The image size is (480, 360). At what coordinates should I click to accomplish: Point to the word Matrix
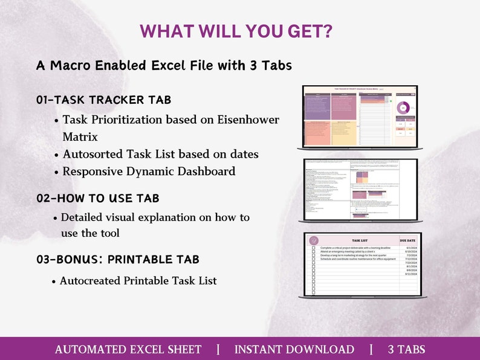click(80, 137)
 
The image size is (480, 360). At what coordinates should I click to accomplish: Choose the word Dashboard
click(204, 172)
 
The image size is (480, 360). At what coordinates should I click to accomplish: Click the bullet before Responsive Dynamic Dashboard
click(56, 172)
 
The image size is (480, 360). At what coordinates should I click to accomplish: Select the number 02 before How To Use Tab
click(44, 198)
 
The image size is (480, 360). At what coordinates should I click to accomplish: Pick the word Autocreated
click(89, 281)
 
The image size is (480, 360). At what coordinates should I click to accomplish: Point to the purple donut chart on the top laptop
click(403, 108)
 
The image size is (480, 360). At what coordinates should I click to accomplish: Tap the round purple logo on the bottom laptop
click(313, 240)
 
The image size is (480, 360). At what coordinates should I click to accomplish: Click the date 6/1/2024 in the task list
click(410, 248)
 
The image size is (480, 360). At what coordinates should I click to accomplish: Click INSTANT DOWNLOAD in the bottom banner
click(294, 349)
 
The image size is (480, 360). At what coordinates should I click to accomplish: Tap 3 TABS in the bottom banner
click(406, 349)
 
